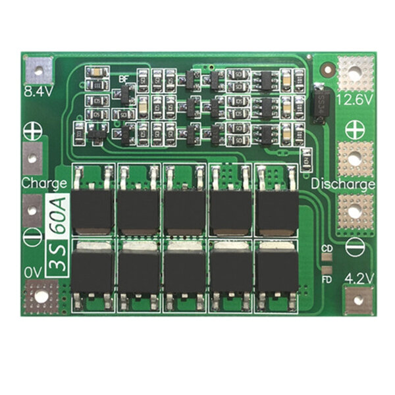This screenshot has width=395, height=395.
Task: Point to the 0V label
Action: pyautogui.click(x=33, y=271)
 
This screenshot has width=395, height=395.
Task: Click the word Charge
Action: pyautogui.click(x=43, y=182)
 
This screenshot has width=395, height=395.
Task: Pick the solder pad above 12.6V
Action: pyautogui.click(x=355, y=72)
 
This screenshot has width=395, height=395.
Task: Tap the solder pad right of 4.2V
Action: pyautogui.click(x=357, y=300)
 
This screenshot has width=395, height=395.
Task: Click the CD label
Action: pyautogui.click(x=327, y=249)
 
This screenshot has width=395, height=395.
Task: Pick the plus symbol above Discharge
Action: pyautogui.click(x=355, y=127)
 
